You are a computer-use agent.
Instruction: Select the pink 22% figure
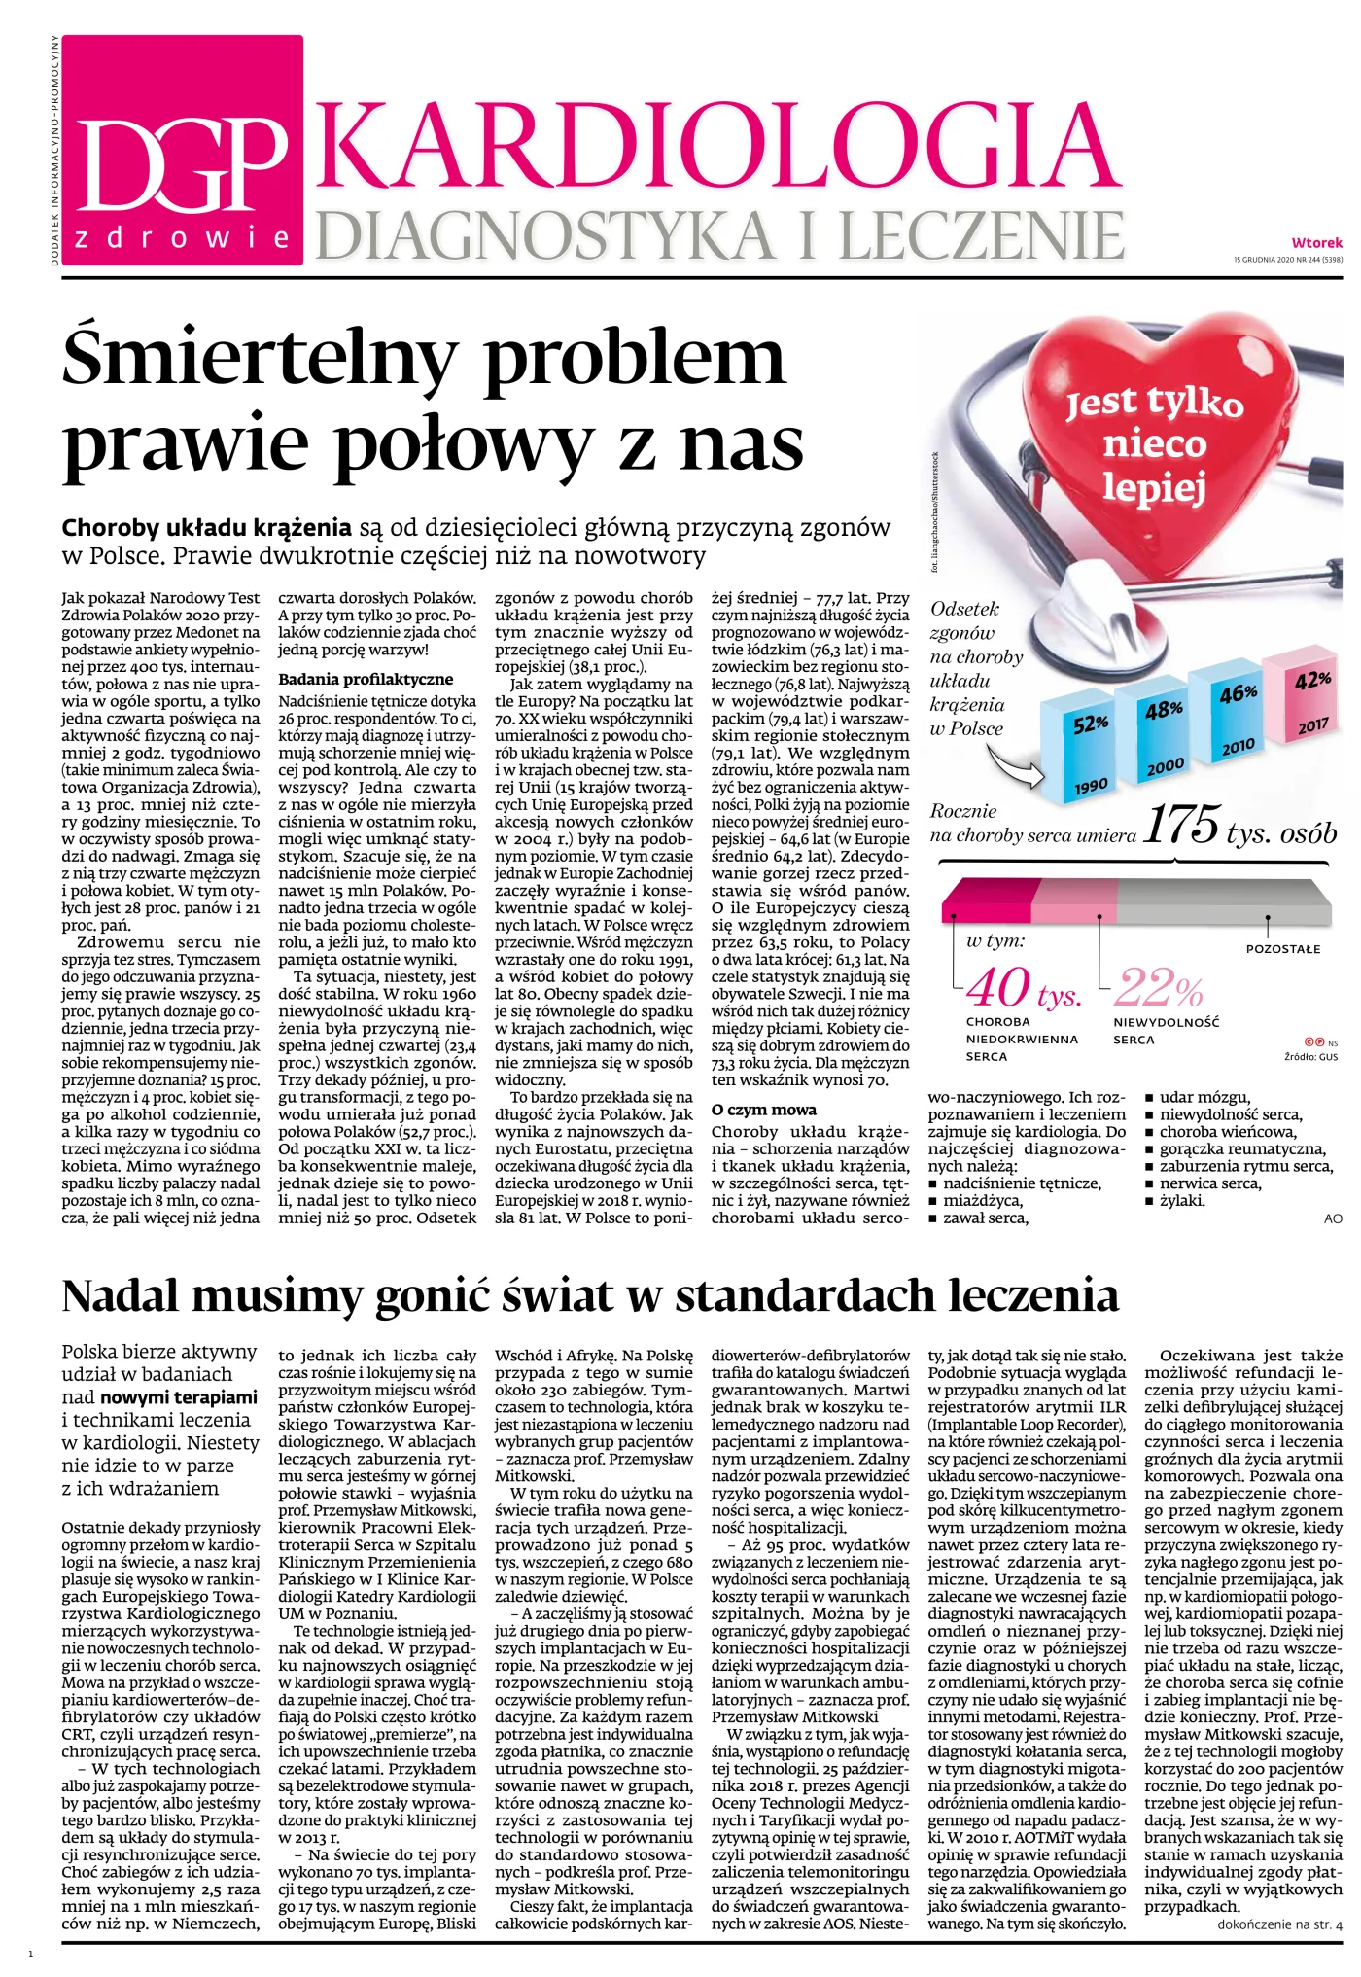1158,988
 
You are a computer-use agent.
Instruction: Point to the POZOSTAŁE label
1282,949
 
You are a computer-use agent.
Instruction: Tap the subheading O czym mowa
764,1110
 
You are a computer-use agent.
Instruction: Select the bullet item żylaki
1182,1200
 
